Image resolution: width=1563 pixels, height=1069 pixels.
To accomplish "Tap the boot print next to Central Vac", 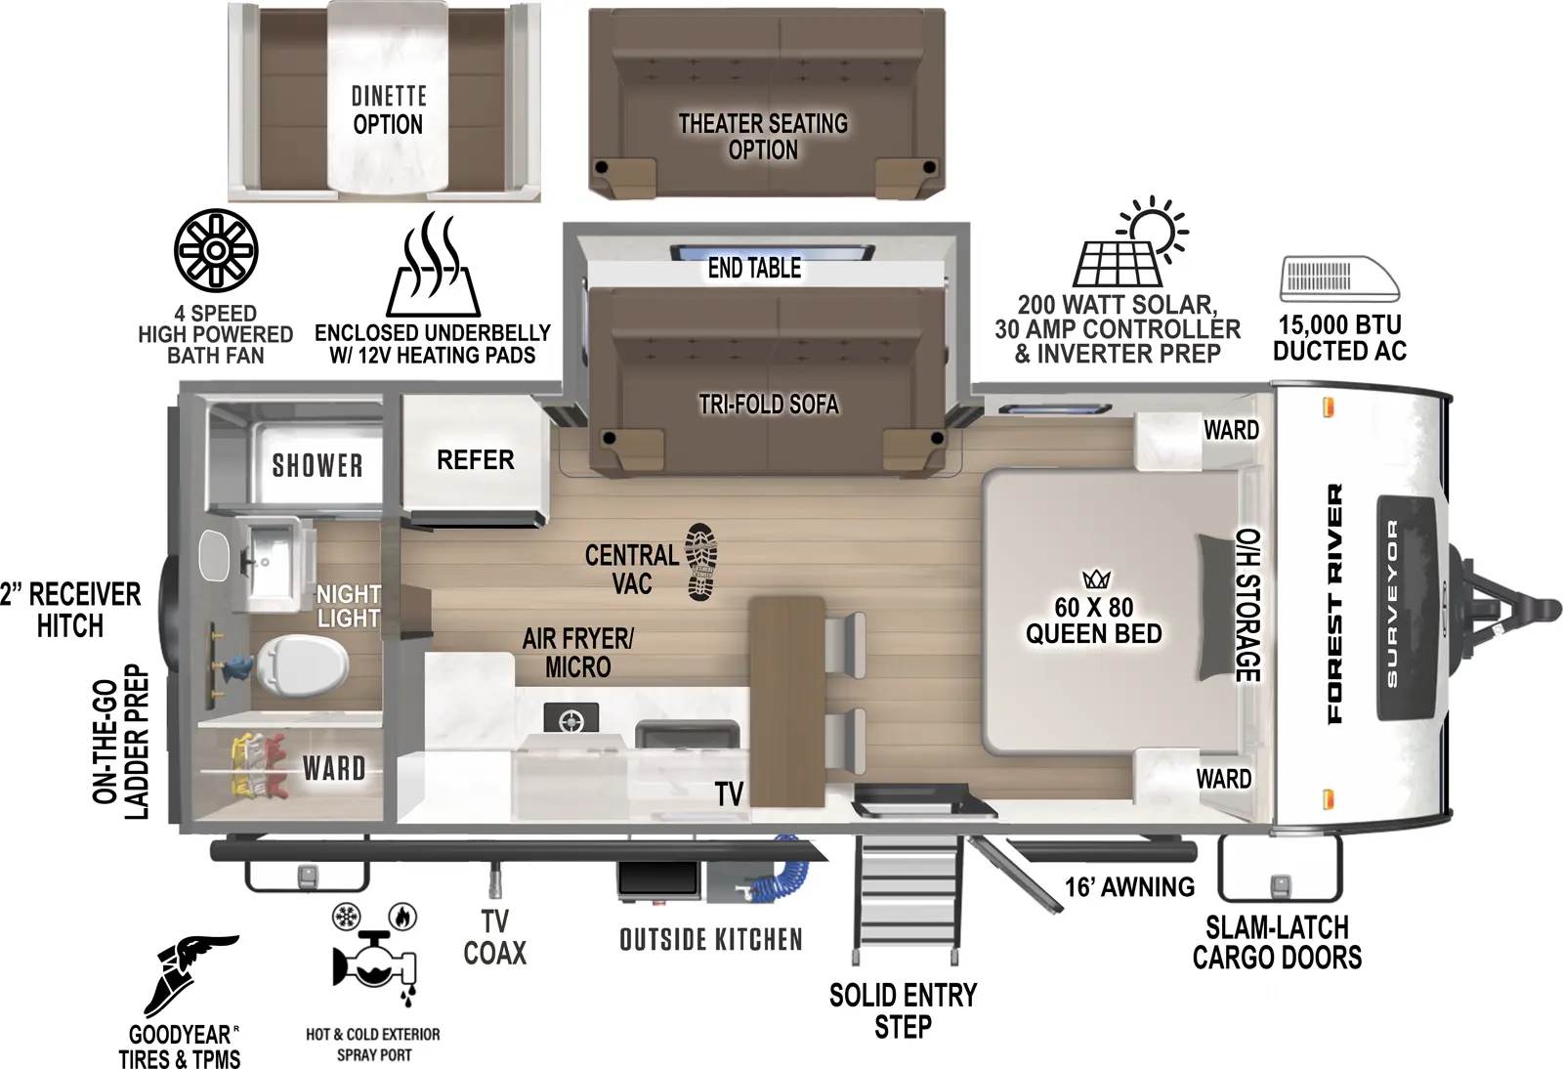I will [x=700, y=561].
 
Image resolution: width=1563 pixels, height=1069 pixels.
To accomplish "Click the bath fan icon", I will [x=216, y=250].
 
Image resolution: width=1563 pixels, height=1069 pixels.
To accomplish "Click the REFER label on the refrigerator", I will [x=475, y=460].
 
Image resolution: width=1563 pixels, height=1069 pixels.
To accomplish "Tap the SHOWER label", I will [x=317, y=465].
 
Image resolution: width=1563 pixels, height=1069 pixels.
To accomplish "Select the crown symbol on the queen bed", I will [x=1096, y=579].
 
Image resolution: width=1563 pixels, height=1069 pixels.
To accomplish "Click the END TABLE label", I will [x=754, y=268].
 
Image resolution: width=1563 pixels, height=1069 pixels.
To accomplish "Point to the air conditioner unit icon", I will [x=1339, y=279].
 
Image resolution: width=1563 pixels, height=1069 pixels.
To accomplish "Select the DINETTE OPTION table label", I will [x=388, y=110].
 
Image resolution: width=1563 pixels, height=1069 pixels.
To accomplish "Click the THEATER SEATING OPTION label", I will [x=763, y=137].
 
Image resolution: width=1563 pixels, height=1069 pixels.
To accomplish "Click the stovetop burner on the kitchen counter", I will [x=571, y=721].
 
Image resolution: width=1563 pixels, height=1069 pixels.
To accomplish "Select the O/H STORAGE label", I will [x=1249, y=605].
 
